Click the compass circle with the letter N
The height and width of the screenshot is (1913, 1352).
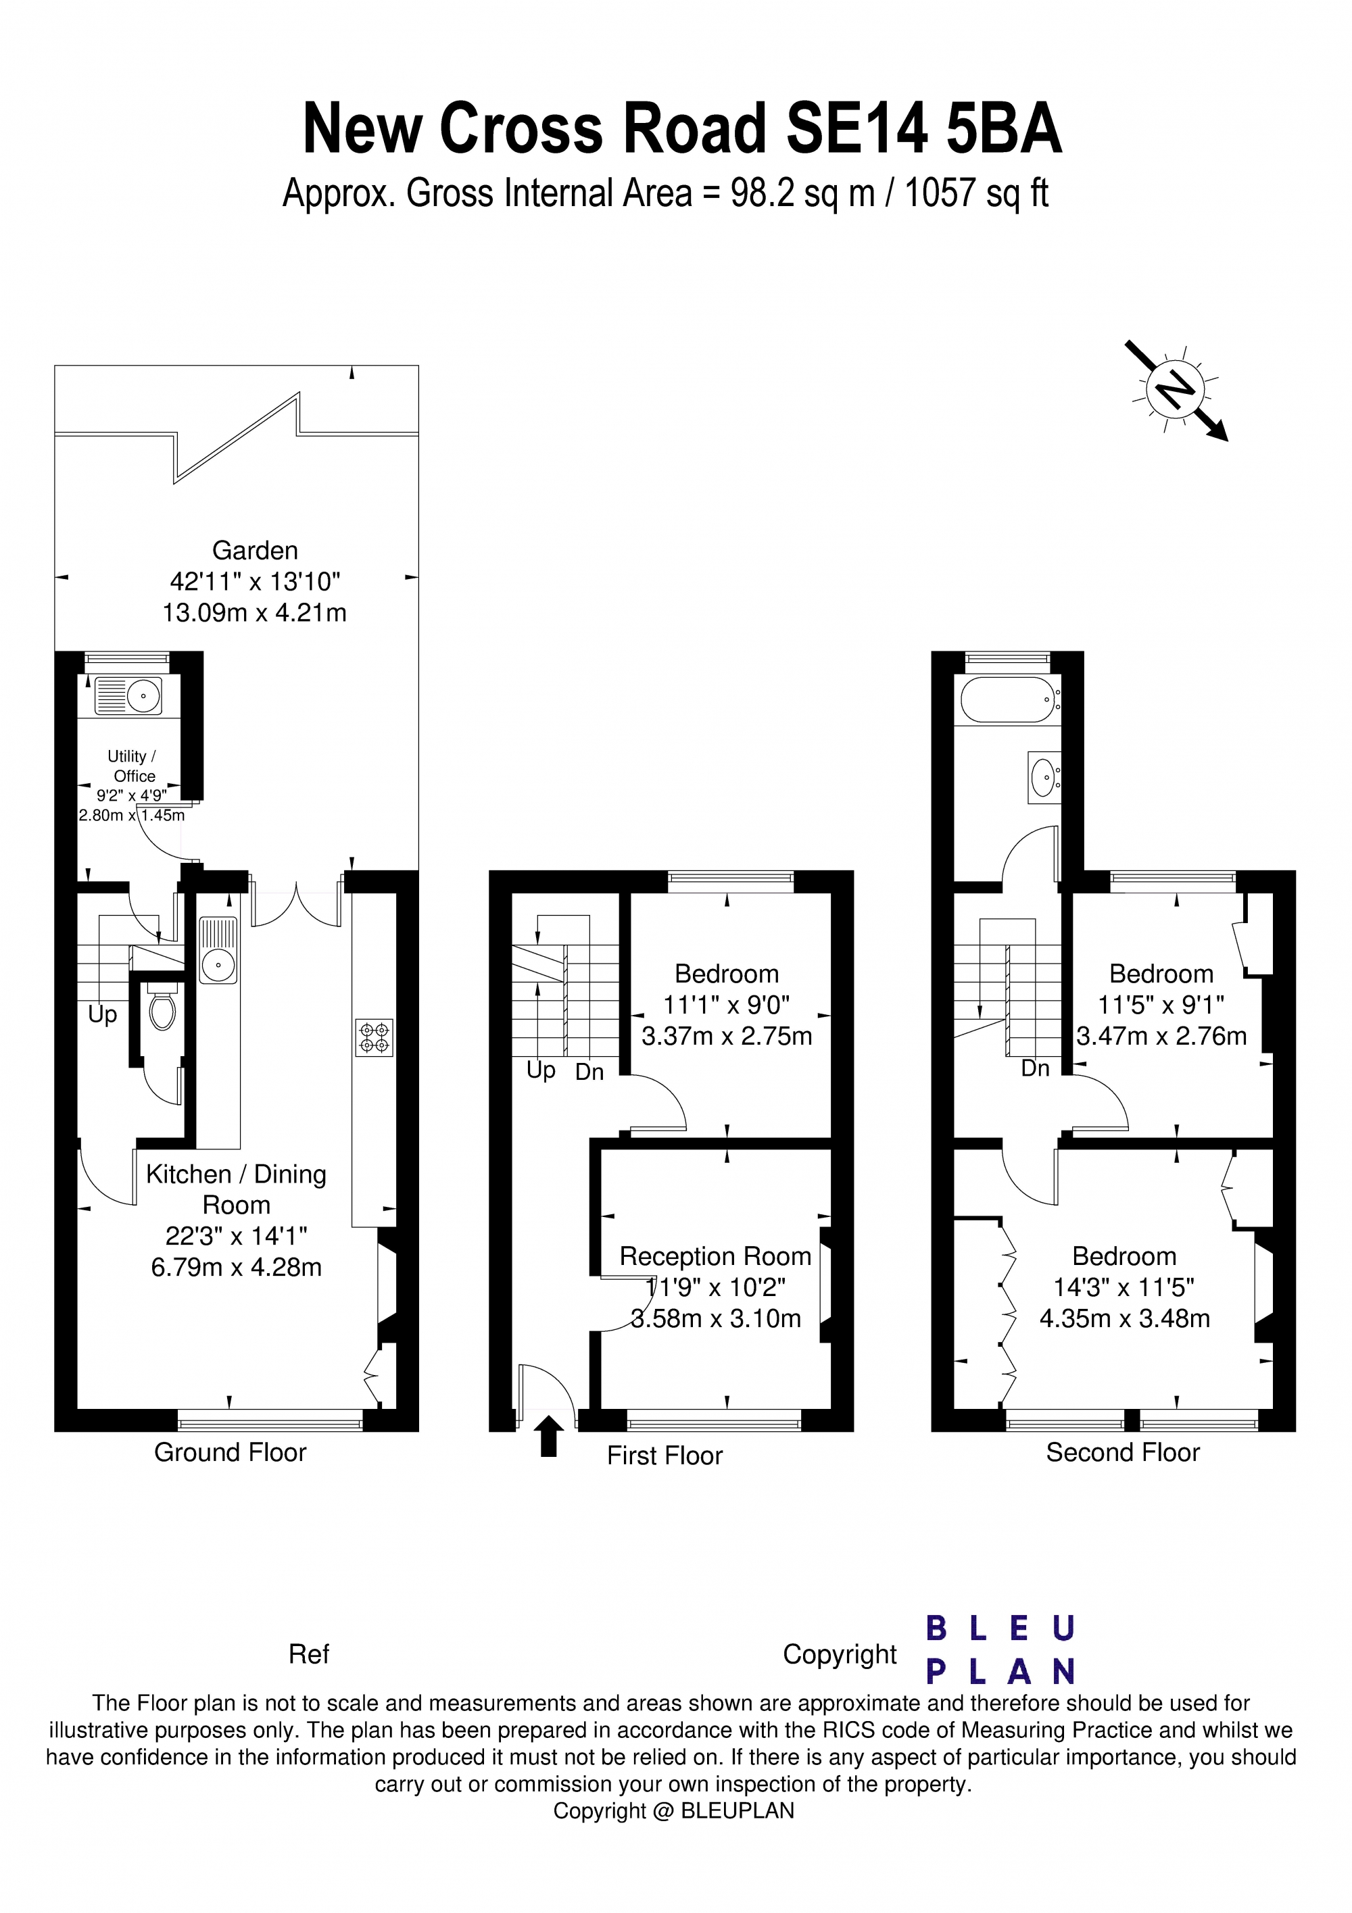1176,389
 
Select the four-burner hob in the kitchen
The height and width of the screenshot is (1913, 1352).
375,1037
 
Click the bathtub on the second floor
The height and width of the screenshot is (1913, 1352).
1008,699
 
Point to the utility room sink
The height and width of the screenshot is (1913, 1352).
129,695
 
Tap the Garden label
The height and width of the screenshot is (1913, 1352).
255,551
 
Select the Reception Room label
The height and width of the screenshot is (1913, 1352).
715,1256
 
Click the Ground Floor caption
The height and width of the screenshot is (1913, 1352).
230,1452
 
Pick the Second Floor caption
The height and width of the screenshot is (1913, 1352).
1123,1452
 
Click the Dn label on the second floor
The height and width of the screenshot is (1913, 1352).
1035,1068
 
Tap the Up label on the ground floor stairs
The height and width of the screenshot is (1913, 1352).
103,1014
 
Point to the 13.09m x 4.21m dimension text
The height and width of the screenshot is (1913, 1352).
254,612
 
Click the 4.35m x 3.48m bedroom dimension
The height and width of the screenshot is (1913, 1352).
1124,1318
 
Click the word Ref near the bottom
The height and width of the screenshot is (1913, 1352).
308,1654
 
